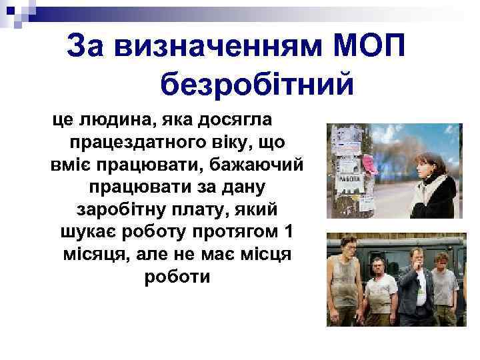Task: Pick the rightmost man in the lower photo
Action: [444, 287]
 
